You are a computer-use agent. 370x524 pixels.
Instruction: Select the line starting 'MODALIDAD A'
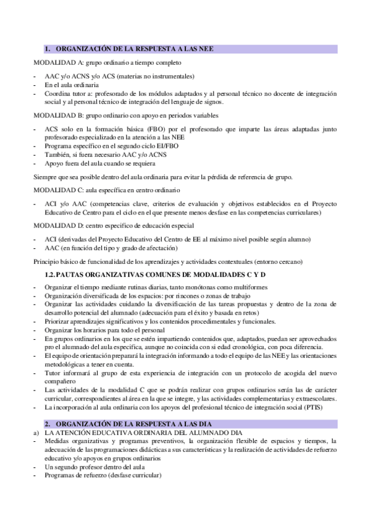tap(107, 63)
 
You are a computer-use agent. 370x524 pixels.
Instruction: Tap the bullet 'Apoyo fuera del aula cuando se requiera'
tap(100, 164)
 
